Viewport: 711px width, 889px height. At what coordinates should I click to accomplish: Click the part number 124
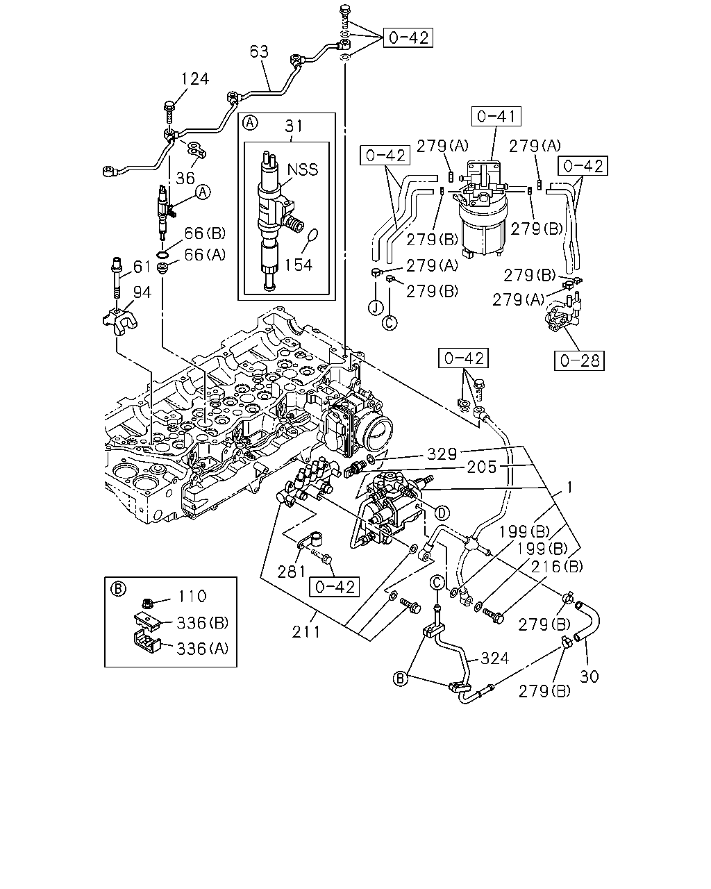click(195, 78)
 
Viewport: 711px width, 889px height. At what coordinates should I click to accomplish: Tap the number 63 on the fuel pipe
click(259, 51)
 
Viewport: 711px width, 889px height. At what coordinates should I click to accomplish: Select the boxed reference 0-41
click(496, 116)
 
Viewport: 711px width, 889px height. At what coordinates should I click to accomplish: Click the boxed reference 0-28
click(579, 360)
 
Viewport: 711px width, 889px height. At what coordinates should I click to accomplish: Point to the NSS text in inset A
click(303, 169)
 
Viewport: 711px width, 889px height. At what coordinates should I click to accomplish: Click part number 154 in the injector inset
click(299, 265)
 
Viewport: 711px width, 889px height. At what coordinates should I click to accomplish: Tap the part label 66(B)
click(205, 233)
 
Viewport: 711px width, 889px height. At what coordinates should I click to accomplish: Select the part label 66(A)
click(205, 254)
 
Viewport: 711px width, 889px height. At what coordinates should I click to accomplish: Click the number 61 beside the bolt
click(142, 267)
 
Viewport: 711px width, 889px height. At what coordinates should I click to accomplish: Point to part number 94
click(142, 292)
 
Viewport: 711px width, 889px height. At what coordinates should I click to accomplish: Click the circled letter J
click(376, 308)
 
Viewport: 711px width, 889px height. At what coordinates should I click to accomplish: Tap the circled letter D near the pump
click(442, 513)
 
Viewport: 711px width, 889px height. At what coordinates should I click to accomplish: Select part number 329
click(442, 454)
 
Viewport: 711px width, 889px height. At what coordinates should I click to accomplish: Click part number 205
click(481, 467)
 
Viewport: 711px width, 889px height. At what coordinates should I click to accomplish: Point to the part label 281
click(291, 572)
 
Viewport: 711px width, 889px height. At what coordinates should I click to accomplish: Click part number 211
click(306, 631)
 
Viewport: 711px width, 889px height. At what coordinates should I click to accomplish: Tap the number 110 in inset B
click(192, 596)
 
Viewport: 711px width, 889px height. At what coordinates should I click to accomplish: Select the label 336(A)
click(203, 649)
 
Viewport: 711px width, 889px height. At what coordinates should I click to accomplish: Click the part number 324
click(494, 658)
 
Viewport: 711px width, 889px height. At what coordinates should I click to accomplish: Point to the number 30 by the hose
click(589, 676)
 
